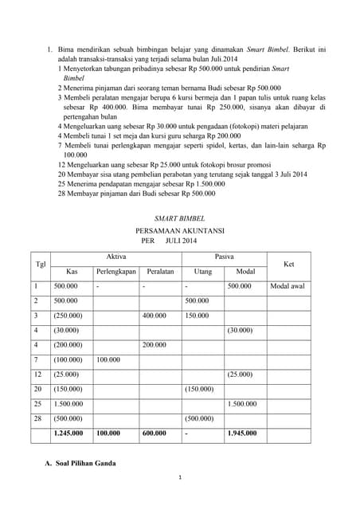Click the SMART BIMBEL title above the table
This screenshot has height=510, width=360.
pos(179,218)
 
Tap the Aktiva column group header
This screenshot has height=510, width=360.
pos(115,256)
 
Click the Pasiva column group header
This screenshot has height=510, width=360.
pos(225,256)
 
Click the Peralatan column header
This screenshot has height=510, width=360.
pos(160,271)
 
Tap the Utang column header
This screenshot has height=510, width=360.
pos(202,271)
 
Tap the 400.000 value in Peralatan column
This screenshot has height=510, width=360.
pos(155,315)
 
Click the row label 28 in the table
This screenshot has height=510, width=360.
pos(37,418)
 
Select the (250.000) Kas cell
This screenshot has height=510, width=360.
pos(67,315)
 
